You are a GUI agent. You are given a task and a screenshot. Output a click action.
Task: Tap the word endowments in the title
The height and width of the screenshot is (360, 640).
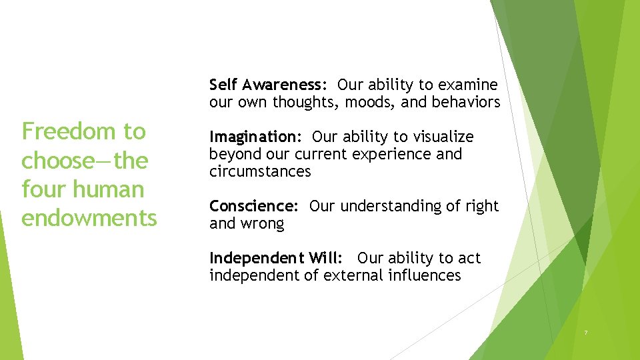(89, 218)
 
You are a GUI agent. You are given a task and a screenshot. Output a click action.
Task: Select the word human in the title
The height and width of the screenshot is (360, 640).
(113, 189)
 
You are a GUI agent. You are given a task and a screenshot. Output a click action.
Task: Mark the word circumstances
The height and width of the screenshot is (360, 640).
(260, 171)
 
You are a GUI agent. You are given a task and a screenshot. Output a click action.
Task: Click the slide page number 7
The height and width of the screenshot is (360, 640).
(585, 333)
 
